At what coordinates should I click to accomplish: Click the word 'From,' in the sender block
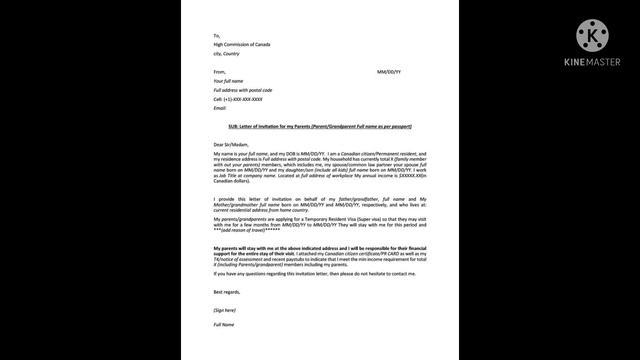[x=220, y=73]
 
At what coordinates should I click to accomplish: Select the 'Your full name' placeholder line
[x=230, y=81]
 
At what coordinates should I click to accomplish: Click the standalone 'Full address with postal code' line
[x=242, y=90]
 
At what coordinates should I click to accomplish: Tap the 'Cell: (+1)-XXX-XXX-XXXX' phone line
[x=238, y=99]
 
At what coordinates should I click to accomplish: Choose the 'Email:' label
[x=220, y=108]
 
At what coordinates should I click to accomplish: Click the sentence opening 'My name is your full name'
[x=250, y=153]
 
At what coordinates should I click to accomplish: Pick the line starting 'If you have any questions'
[x=300, y=273]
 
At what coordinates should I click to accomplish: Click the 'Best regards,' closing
[x=227, y=291]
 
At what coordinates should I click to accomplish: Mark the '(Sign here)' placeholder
[x=225, y=310]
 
